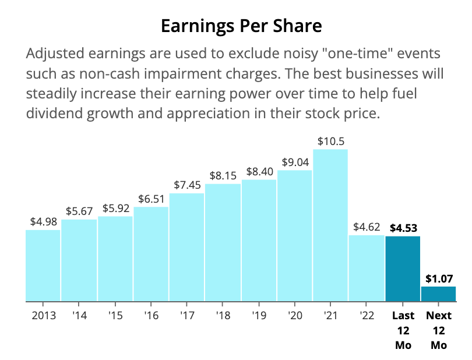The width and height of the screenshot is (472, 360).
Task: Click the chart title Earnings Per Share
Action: coord(241,27)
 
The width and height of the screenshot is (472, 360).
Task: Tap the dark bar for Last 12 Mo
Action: coord(403,269)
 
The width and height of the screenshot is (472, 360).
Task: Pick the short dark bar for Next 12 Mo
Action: coord(438,294)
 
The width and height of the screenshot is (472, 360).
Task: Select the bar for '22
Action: coord(367,269)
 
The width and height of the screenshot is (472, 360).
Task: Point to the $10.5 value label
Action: coord(330,141)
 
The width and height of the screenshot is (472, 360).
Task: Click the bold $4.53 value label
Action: coord(403,228)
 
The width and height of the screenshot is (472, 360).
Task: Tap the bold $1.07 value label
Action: coord(438,278)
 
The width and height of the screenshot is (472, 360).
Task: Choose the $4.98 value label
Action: coord(43,222)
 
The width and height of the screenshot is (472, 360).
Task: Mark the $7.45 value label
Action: coord(186,185)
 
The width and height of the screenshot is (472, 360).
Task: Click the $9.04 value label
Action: coord(295,163)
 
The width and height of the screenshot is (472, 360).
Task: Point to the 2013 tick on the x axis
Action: coord(43,316)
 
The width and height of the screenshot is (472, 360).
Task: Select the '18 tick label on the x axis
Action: coord(223,316)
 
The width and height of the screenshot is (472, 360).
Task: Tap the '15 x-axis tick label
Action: coord(115,316)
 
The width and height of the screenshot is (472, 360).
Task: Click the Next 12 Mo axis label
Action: coord(438,330)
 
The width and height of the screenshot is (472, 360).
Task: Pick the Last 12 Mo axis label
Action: coord(403,330)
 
